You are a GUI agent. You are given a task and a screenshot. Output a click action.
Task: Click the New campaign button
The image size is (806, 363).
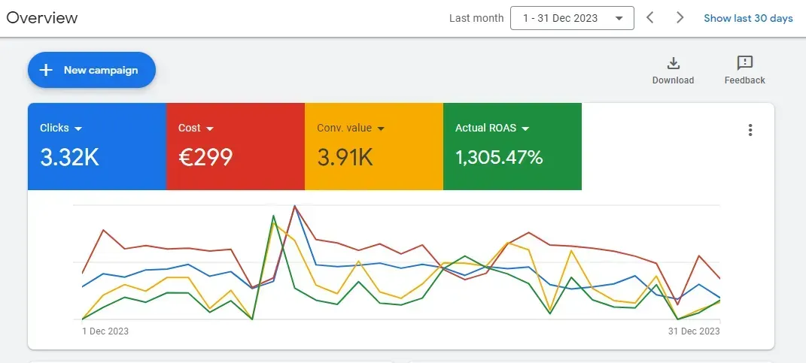tap(92, 70)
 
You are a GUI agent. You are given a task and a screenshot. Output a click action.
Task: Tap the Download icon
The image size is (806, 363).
tap(673, 63)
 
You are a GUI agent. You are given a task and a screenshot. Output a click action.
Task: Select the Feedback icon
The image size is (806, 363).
tap(744, 63)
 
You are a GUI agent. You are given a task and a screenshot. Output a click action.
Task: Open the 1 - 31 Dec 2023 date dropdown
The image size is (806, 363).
tap(572, 18)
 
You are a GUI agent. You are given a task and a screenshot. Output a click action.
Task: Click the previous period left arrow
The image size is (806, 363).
tap(650, 17)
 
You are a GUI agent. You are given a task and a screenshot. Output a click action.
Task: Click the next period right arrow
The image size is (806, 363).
tap(680, 17)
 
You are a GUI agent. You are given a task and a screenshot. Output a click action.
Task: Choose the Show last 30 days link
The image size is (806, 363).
tap(748, 18)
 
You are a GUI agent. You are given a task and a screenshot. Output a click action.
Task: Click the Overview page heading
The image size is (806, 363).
tap(42, 17)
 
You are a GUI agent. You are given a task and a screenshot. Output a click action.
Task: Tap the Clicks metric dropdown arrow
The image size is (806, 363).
tap(78, 129)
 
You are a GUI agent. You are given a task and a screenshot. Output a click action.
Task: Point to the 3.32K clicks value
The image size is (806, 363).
tap(69, 157)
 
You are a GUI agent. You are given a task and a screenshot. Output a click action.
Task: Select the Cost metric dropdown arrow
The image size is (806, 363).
tap(210, 129)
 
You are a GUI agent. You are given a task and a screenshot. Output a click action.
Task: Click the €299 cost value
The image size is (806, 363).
tap(205, 157)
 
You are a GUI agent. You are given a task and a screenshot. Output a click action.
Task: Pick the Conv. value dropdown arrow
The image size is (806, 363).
tap(381, 129)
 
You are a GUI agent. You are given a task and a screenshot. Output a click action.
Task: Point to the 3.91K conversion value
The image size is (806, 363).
tap(345, 157)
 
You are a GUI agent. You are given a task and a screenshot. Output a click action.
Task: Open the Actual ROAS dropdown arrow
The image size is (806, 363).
tap(525, 129)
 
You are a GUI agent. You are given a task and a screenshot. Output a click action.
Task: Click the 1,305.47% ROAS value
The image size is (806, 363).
tap(499, 157)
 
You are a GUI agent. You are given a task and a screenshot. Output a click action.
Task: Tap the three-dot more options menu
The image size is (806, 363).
tap(750, 130)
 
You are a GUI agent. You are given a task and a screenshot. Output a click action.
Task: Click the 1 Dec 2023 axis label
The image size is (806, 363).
tap(105, 331)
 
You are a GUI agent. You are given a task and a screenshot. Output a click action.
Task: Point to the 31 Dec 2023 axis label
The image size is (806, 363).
tap(694, 331)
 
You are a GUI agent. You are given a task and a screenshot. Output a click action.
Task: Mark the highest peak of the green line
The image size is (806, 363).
tap(272, 216)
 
